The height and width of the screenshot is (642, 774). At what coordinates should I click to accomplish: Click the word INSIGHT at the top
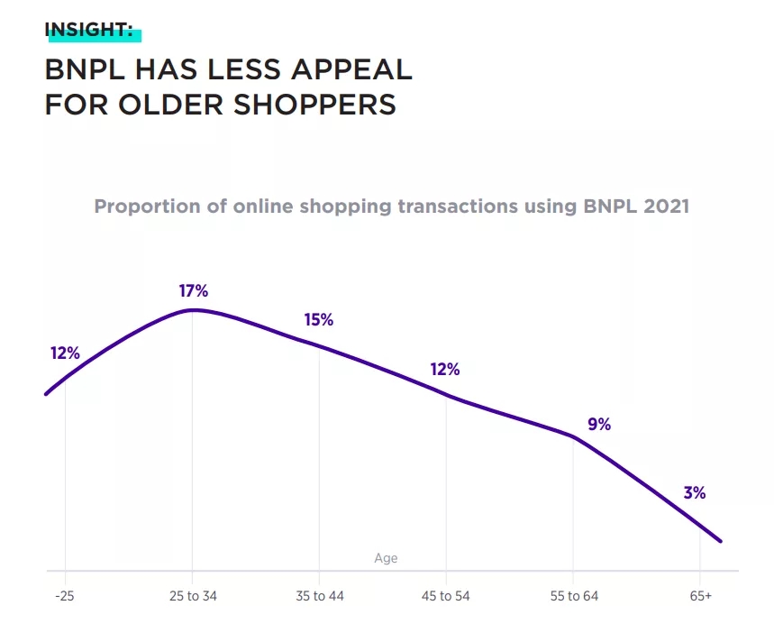click(88, 30)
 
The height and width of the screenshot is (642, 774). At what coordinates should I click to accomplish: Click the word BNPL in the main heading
click(83, 69)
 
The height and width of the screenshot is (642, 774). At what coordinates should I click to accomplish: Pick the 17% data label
click(194, 291)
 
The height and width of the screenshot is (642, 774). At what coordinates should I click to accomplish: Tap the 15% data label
click(319, 320)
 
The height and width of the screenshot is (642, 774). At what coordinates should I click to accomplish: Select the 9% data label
click(599, 424)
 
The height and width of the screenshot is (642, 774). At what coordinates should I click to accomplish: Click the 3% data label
click(694, 493)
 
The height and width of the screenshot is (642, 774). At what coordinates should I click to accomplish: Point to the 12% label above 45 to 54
click(445, 370)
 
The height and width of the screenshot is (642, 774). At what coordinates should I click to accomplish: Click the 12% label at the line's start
click(65, 353)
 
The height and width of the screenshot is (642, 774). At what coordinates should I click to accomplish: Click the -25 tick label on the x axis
click(65, 596)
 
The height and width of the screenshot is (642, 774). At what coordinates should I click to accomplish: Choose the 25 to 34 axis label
click(192, 596)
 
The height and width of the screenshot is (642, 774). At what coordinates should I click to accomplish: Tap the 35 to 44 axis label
click(319, 596)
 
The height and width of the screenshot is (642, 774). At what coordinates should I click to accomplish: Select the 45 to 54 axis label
click(446, 596)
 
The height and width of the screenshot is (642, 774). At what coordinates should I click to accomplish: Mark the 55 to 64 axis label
click(573, 596)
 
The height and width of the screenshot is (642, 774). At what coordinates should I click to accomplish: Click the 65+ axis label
click(700, 596)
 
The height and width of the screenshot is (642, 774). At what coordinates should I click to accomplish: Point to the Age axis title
click(386, 558)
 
